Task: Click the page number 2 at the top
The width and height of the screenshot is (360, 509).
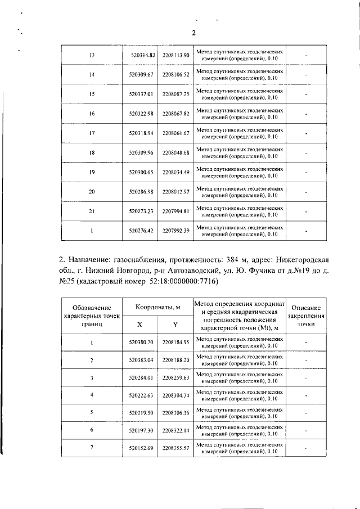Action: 193,33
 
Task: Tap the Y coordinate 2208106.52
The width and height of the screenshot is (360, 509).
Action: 176,74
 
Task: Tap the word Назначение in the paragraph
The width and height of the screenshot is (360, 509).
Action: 89,259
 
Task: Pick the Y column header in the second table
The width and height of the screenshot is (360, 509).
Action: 175,325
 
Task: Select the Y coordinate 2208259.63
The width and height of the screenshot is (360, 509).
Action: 176,378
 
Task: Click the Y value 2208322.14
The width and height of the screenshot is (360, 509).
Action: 176,430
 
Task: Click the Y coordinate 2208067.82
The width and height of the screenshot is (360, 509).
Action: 176,114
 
